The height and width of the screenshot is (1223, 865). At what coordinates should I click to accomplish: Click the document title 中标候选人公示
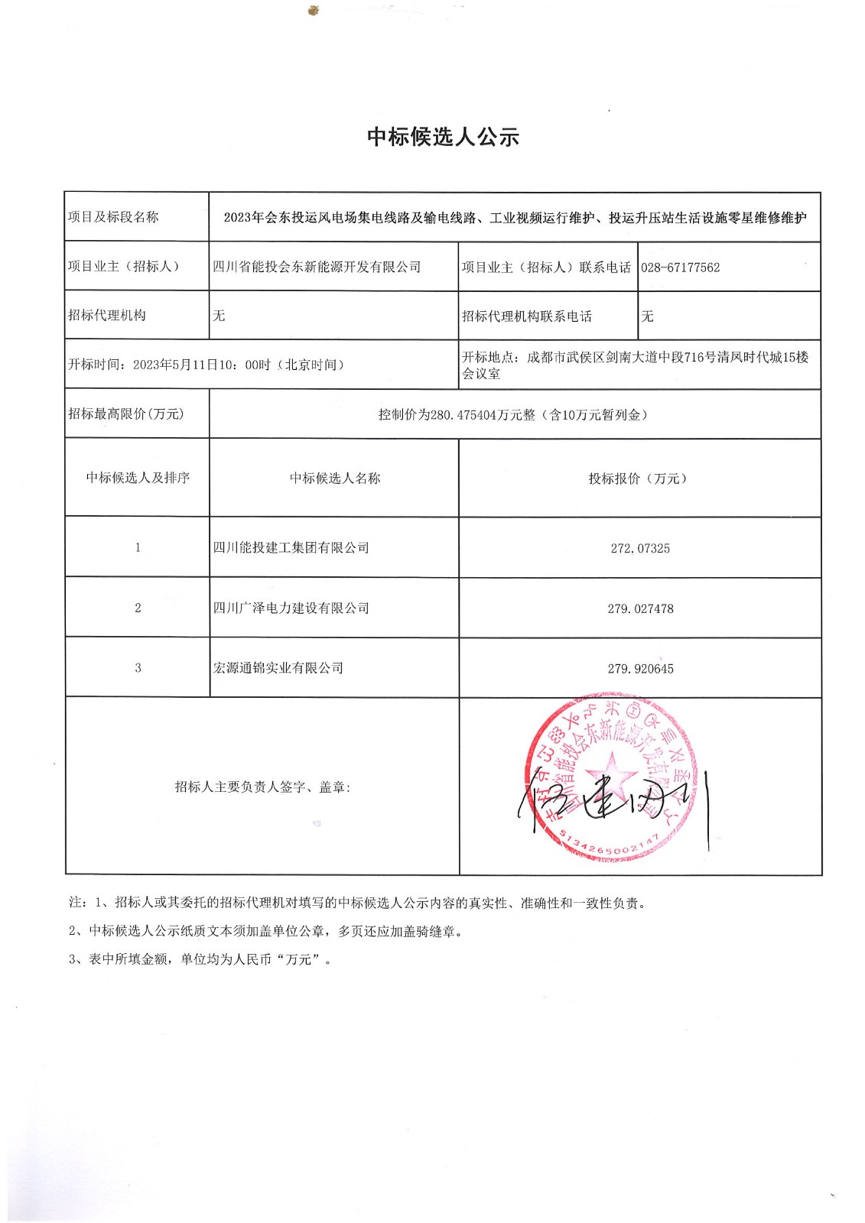tap(443, 137)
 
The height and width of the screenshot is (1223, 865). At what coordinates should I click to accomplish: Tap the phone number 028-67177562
tap(680, 268)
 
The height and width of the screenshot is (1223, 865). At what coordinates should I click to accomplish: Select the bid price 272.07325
tap(640, 548)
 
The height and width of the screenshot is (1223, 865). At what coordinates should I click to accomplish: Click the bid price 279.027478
tap(640, 608)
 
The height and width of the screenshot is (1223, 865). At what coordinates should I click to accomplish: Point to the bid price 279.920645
tap(640, 669)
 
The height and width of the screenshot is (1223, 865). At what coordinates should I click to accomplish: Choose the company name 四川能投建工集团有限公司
tap(291, 548)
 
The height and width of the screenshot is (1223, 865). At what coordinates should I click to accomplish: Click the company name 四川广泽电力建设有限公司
tap(291, 608)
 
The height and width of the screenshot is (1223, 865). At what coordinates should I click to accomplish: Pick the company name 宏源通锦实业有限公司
tap(278, 668)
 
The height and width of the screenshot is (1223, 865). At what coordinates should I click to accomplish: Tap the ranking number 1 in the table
tap(138, 547)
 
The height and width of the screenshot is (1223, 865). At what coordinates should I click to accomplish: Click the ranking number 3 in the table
tap(138, 668)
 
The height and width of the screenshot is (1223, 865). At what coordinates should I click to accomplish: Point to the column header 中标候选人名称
tap(334, 478)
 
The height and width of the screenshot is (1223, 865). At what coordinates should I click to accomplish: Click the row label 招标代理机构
tap(106, 316)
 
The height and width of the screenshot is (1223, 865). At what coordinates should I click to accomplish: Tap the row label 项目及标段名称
tap(113, 217)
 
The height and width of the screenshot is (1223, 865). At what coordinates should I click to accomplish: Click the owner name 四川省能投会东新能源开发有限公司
tap(317, 267)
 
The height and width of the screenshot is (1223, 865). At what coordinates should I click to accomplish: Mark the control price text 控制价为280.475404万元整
tap(457, 415)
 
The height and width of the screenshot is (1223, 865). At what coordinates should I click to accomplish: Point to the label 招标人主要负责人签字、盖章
tap(262, 787)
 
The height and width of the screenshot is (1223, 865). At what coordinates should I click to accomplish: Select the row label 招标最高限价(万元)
tap(126, 414)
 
